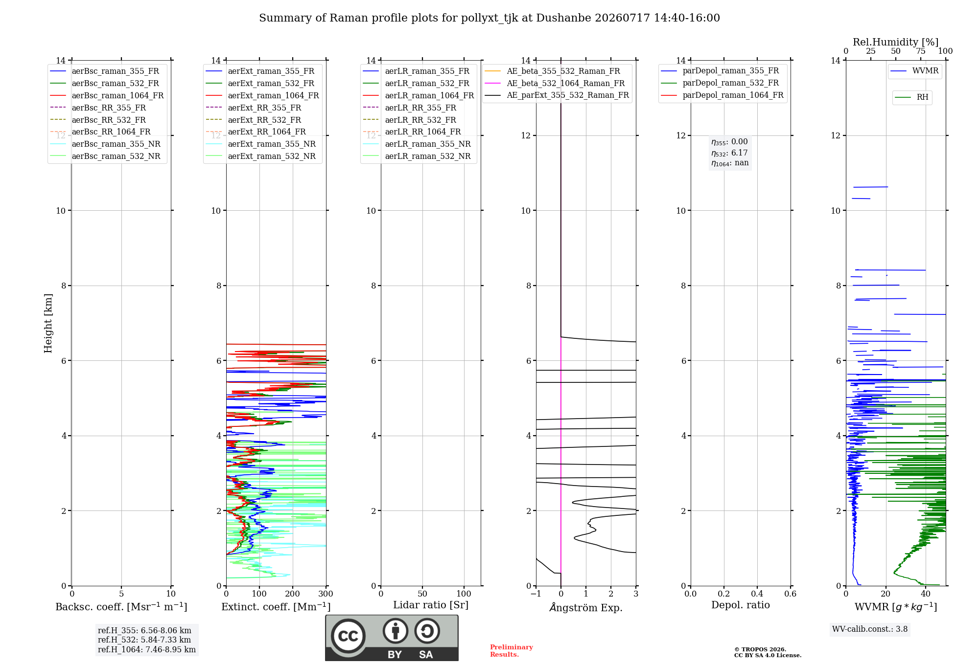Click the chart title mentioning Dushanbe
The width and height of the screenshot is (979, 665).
point(489,18)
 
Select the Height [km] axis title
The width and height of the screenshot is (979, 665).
point(48,323)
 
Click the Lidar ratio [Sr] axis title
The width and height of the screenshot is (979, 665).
point(431,605)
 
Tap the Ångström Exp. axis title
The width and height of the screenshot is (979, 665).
point(586,607)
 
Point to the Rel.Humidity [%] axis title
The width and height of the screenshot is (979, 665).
point(896,42)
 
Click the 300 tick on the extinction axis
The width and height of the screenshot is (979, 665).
point(326,594)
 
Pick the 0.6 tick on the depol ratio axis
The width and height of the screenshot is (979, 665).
point(791,594)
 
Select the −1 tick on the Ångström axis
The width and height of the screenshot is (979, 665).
point(536,594)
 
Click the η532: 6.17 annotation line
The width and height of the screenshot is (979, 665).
point(729,153)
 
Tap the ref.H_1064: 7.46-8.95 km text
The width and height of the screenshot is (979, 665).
point(147,650)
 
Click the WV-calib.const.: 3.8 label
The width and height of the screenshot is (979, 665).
point(870,629)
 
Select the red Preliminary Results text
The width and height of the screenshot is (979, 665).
point(512,651)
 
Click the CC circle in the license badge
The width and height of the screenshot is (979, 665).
point(348,636)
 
